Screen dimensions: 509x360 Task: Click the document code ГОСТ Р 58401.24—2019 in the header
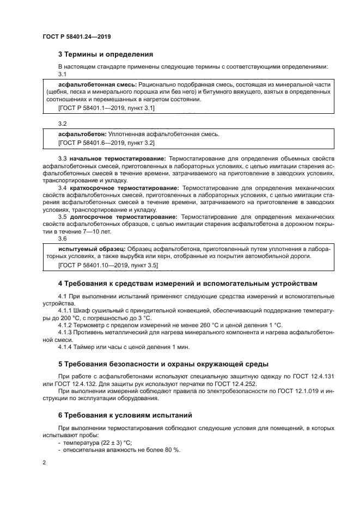click(x=77, y=36)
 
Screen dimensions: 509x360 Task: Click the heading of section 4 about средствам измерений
click(x=184, y=283)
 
